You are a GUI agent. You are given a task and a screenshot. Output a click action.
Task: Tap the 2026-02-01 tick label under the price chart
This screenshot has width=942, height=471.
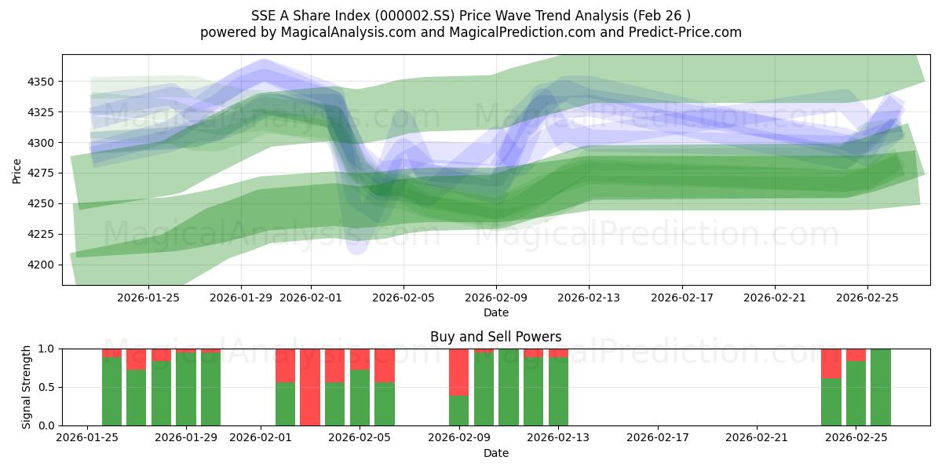coord(311,298)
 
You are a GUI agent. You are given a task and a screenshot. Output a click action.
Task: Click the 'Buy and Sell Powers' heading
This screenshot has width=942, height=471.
coord(495,337)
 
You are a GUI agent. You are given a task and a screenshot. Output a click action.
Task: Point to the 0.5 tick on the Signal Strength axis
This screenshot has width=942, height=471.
coord(47,387)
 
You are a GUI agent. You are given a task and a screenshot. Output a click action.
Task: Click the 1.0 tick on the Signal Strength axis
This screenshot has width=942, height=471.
coord(47,349)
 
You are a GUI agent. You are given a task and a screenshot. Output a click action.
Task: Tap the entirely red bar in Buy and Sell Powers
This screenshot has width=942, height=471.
coord(310,387)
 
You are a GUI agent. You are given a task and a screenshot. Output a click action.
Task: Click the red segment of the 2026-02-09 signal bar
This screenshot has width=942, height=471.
coord(458,372)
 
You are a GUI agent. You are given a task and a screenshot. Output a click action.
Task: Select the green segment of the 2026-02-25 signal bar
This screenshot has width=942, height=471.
coord(856,393)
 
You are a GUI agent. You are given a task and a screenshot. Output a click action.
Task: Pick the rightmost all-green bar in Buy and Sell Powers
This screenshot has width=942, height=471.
coord(881,387)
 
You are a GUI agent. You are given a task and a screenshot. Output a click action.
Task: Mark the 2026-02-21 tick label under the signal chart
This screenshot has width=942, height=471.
coord(757,437)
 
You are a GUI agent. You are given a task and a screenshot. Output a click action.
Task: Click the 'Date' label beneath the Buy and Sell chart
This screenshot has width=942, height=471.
coord(495,453)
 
